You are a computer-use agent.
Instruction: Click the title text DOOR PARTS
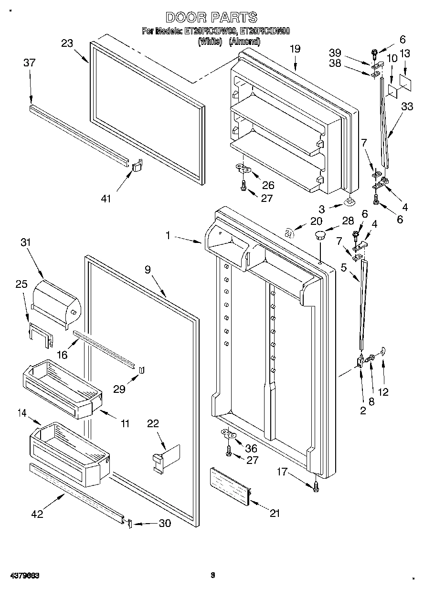212,18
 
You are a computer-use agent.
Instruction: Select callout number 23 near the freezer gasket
67,43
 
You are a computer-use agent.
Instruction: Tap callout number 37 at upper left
30,63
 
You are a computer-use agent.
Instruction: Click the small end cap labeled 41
137,165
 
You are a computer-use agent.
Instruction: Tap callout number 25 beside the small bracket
21,284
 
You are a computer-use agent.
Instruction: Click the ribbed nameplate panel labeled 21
232,485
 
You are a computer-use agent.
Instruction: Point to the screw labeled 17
316,486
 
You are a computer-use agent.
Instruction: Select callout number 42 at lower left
37,514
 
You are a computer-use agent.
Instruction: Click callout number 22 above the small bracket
153,423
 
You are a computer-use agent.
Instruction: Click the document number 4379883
23,576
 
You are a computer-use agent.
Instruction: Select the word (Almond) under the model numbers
244,42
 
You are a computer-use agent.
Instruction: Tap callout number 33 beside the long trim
407,107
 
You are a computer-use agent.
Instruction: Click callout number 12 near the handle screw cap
383,392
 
